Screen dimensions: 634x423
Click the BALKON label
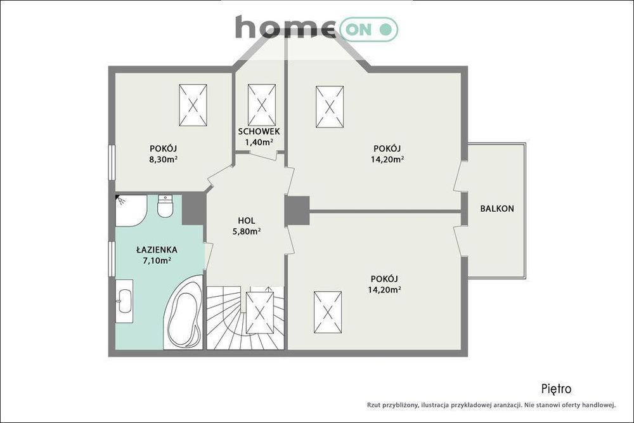pyautogui.click(x=497, y=209)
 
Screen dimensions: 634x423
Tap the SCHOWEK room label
pyautogui.click(x=259, y=131)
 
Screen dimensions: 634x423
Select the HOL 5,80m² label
pyautogui.click(x=246, y=226)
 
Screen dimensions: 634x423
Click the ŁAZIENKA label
pyautogui.click(x=157, y=250)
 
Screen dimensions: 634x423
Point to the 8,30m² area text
pyautogui.click(x=164, y=159)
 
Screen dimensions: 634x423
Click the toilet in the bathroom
pyautogui.click(x=165, y=206)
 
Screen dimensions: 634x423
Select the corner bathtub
pyautogui.click(x=183, y=312)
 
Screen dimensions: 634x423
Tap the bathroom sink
pyautogui.click(x=124, y=301)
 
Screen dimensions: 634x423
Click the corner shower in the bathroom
pyautogui.click(x=131, y=211)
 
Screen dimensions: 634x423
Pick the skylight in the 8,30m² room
pyautogui.click(x=193, y=105)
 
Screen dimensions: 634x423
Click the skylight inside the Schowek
pyautogui.click(x=262, y=105)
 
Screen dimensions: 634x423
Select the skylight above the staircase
pyautogui.click(x=259, y=312)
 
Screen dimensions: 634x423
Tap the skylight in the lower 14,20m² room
pyautogui.click(x=328, y=312)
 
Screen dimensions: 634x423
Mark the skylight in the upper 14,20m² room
pyautogui.click(x=330, y=107)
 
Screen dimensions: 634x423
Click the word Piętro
pyautogui.click(x=557, y=389)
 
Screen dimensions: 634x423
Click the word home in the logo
pyautogui.click(x=285, y=27)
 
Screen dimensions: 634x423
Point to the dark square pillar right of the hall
pyautogui.click(x=297, y=211)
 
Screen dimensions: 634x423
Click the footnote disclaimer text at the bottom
pyautogui.click(x=491, y=405)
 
